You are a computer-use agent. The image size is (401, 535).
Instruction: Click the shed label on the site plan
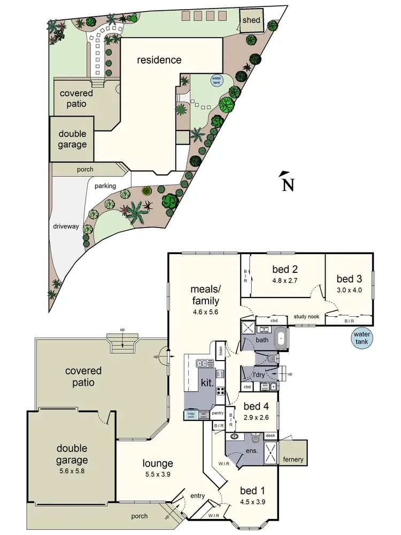[x=251, y=20]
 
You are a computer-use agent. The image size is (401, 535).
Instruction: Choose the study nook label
[x=306, y=316]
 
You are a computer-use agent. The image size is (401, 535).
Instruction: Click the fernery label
[x=294, y=460]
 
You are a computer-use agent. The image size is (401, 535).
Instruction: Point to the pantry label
[x=217, y=412]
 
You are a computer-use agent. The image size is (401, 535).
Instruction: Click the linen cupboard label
[x=220, y=351]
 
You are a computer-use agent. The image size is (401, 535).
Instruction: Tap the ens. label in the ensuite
[x=251, y=450]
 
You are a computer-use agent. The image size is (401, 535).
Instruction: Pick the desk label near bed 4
[x=270, y=435]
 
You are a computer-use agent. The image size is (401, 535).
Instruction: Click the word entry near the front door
[x=197, y=496]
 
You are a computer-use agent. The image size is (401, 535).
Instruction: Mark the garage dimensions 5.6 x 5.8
[x=72, y=472]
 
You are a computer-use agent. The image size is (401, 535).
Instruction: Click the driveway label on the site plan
[x=66, y=226]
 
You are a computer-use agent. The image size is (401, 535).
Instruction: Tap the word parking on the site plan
[x=105, y=186]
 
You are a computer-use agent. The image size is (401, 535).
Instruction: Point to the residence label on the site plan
[x=159, y=60]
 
